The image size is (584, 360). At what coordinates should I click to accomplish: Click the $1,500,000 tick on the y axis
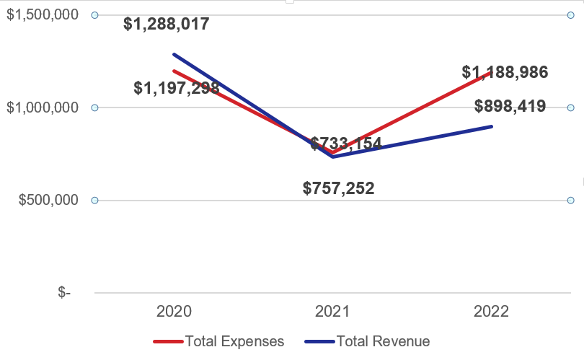pos(42,15)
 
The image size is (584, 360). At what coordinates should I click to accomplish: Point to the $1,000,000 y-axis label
pos(42,108)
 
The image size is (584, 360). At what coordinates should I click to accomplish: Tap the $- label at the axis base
pos(64,292)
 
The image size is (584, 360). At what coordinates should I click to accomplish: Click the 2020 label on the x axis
pos(174,312)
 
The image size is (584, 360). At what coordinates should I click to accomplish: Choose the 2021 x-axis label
pos(332,312)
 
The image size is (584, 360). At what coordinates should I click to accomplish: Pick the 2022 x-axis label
pos(491,312)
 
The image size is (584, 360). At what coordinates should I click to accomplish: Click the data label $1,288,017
pos(167,24)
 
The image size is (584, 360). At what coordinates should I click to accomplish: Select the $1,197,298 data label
pos(177,88)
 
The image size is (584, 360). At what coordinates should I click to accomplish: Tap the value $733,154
pos(346,144)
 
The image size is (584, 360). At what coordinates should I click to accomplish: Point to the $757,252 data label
pos(338,189)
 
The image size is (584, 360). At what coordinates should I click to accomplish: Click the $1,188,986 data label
pos(505,72)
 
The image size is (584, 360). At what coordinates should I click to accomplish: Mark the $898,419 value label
pos(510,107)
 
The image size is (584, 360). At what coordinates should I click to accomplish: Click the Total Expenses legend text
pos(234,341)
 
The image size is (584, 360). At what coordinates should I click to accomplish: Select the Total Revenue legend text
pos(383,341)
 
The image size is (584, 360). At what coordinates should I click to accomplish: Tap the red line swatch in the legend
pos(168,342)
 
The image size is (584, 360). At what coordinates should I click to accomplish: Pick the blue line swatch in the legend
pos(319,342)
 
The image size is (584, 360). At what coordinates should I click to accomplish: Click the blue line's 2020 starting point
pos(174,54)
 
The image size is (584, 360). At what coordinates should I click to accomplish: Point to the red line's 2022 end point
pos(491,73)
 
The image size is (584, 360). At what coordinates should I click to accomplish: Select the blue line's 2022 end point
pos(492,126)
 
